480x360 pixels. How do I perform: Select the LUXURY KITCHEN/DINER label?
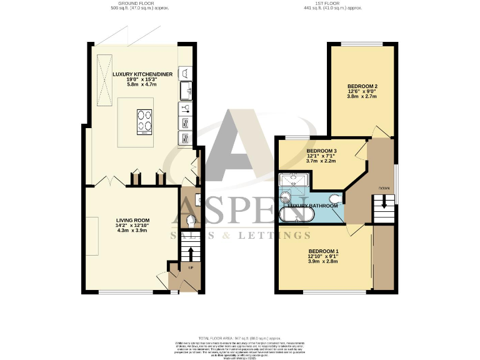142,74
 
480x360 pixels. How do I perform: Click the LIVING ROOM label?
132,220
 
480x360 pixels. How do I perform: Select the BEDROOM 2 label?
362,86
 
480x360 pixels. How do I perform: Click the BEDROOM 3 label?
322,151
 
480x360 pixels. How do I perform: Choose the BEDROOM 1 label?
324,251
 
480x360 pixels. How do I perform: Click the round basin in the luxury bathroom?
286,198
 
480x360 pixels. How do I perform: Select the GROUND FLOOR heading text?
140,4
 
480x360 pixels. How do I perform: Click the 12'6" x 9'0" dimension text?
362,91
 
